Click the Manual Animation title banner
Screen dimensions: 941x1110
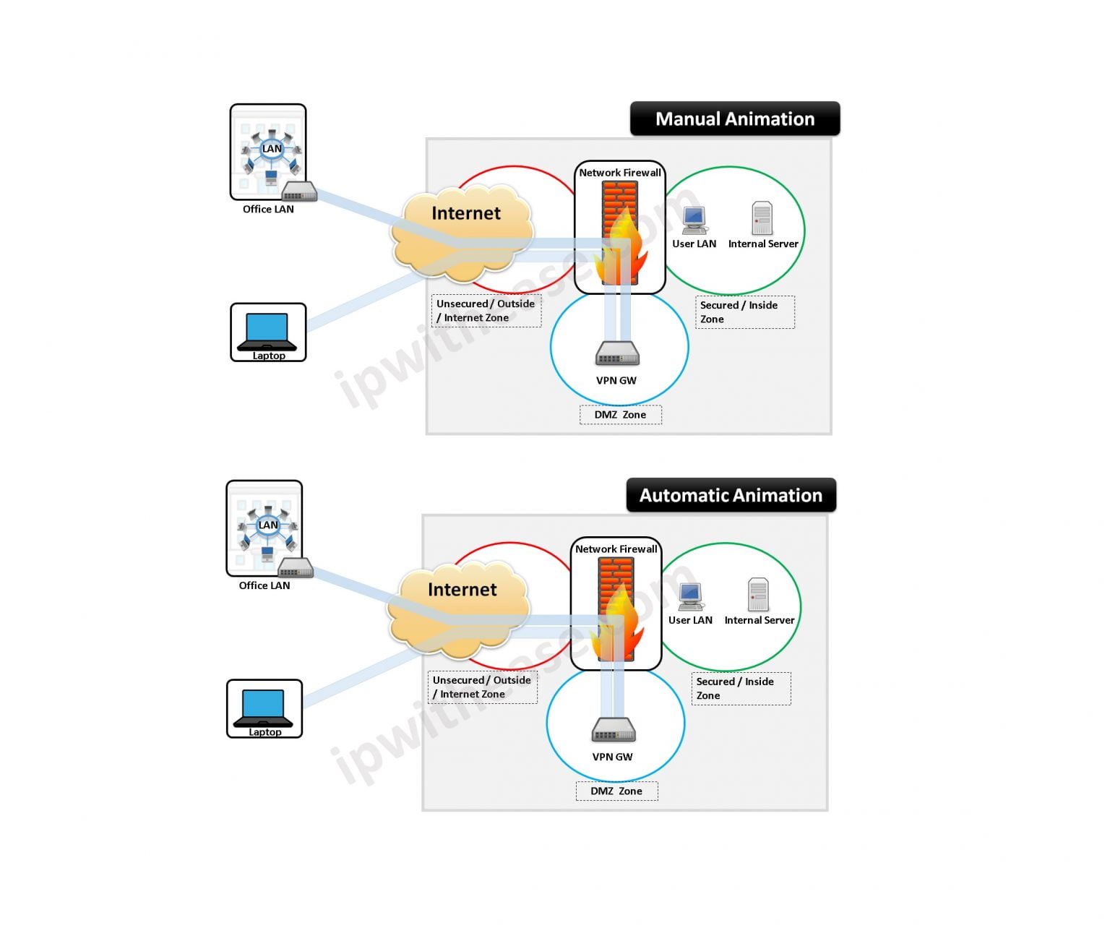click(735, 119)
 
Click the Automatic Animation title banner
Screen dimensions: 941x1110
click(731, 496)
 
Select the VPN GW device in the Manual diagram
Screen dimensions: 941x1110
click(617, 353)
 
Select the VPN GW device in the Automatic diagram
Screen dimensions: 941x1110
click(614, 730)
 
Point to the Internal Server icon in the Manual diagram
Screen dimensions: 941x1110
click(762, 218)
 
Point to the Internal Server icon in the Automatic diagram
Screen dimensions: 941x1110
click(758, 595)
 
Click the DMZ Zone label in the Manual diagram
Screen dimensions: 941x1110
click(620, 415)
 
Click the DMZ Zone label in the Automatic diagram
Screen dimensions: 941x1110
click(616, 791)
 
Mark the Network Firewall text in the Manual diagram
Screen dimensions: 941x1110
click(620, 173)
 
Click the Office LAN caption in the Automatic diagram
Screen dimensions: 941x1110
click(264, 585)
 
